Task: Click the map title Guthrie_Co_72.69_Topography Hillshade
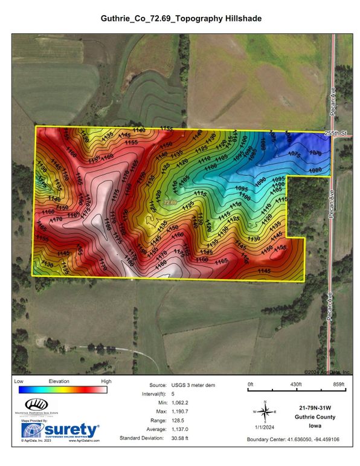(181, 19)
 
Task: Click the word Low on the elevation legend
(19, 381)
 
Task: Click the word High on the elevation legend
(106, 381)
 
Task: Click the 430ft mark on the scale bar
(295, 384)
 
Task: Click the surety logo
(60, 430)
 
